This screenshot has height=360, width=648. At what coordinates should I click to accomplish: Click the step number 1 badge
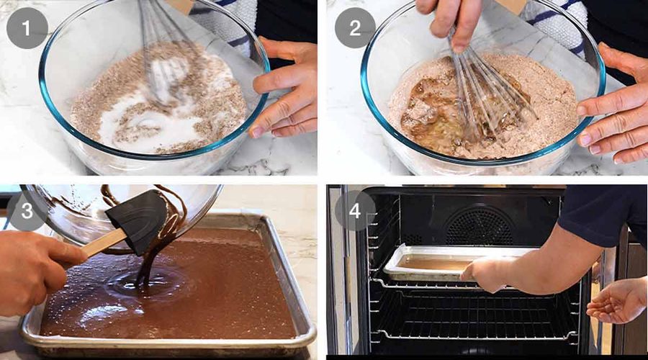click(x=27, y=28)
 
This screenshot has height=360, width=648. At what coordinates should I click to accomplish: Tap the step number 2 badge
click(x=355, y=28)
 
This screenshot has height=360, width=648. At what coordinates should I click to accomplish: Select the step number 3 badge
click(x=27, y=210)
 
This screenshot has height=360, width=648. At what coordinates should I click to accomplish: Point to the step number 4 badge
click(x=355, y=210)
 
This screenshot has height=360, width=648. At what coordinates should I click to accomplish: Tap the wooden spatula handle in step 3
click(x=103, y=243)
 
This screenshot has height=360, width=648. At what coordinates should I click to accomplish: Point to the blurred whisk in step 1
click(x=163, y=54)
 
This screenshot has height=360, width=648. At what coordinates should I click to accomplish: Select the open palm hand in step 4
click(x=617, y=301)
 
